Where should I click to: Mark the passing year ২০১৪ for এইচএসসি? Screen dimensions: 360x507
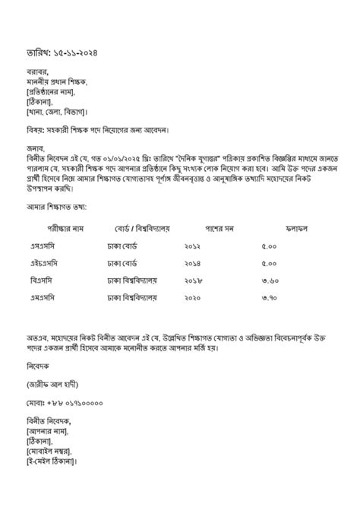194,263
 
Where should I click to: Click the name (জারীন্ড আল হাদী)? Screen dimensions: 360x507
51,383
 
